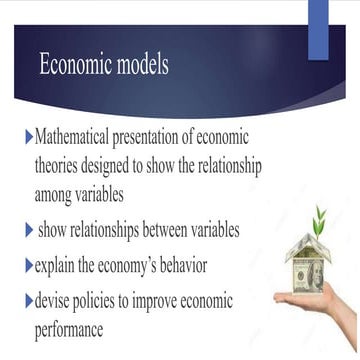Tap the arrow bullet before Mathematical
(28, 136)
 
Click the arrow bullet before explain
(28, 266)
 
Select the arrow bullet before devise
(28, 300)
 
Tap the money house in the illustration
(309, 264)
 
